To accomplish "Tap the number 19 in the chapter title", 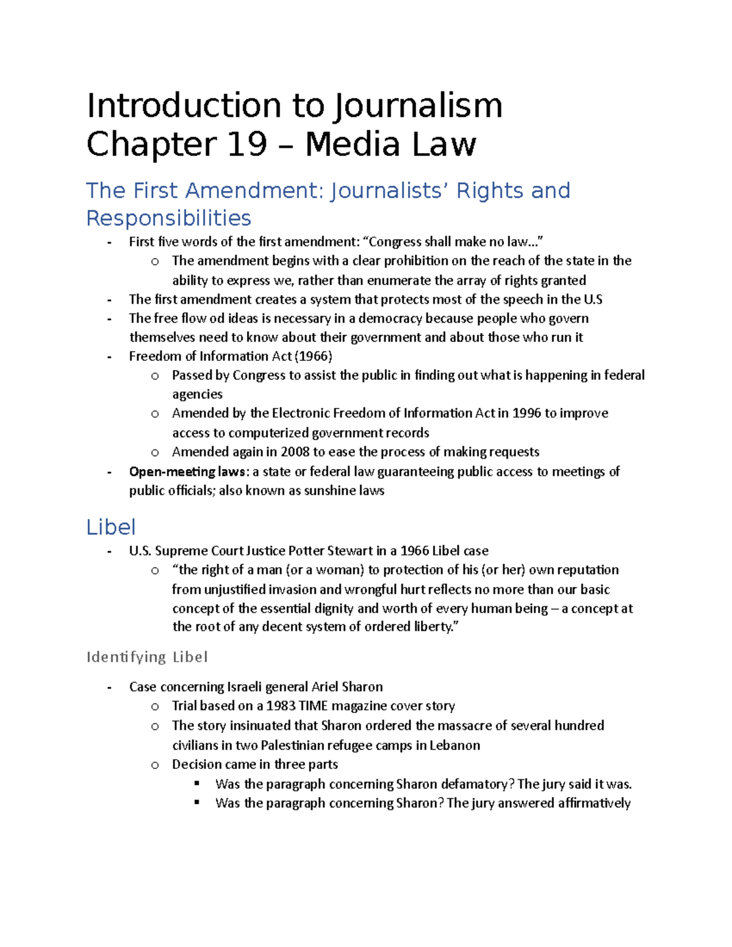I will click(247, 145).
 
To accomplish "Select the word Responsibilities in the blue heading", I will click(168, 218).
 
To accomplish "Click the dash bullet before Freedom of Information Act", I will click(109, 357).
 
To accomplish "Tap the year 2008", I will click(295, 452).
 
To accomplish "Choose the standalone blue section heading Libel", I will click(110, 527).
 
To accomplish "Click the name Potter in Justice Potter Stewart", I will click(306, 551).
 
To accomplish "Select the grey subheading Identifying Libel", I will click(147, 657).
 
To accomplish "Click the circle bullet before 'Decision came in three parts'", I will click(155, 765).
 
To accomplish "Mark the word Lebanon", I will click(454, 745).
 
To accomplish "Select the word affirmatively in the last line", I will click(594, 803).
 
